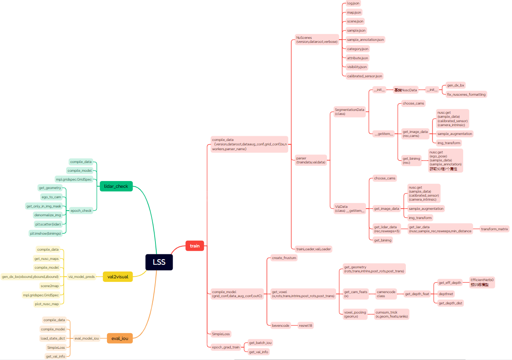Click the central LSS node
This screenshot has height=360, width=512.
(x=159, y=262)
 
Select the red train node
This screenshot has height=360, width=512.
(x=195, y=246)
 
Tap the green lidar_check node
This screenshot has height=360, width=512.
(x=116, y=186)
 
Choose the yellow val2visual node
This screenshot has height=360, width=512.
(x=117, y=276)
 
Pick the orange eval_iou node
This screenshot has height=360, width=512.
(x=119, y=338)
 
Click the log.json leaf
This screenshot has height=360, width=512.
(x=353, y=3)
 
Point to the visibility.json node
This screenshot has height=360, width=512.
(x=357, y=67)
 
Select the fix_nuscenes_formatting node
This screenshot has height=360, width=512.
(x=466, y=95)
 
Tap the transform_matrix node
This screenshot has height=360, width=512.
(x=494, y=229)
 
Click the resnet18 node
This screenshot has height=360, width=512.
(x=306, y=326)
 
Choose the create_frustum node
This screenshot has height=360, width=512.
(x=284, y=258)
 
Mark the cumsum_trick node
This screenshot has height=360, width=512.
(x=391, y=314)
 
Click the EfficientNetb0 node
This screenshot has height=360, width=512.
(x=482, y=282)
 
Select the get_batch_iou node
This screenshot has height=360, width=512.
(x=260, y=343)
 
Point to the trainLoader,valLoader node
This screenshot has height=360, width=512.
(x=313, y=249)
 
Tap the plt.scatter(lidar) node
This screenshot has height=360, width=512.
(x=48, y=224)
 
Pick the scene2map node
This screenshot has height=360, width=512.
(x=49, y=286)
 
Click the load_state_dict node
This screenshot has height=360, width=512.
(x=52, y=338)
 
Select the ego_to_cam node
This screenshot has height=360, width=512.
(x=51, y=197)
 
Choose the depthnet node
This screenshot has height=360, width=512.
(x=445, y=294)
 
